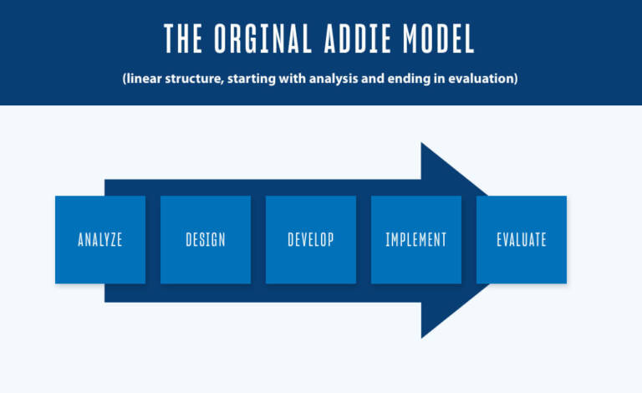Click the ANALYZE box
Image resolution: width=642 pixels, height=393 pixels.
click(x=100, y=240)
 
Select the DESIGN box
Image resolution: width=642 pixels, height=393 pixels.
click(x=206, y=240)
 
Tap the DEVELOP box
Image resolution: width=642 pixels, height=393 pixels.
click(x=311, y=240)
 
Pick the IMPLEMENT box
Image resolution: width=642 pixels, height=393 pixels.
click(x=416, y=240)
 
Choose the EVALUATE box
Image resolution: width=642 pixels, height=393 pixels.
click(x=522, y=240)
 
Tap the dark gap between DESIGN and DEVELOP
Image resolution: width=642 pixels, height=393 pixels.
click(x=258, y=240)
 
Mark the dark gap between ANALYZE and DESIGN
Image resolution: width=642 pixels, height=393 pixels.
click(x=153, y=240)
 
